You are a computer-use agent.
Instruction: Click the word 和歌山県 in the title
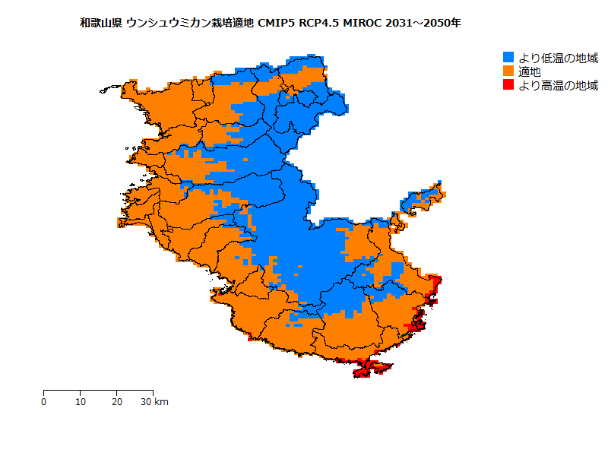[x=101, y=23]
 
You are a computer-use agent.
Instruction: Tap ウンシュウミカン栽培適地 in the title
[x=191, y=23]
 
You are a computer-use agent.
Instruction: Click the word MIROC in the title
[x=364, y=23]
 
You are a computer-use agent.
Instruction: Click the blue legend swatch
[x=509, y=58]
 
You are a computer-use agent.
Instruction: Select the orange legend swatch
[x=509, y=71]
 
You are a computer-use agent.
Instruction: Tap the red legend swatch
[x=509, y=85]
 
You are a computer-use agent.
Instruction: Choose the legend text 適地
[x=530, y=71]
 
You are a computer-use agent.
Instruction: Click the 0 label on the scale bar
[x=44, y=402]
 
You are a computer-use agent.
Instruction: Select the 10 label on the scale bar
[x=81, y=402]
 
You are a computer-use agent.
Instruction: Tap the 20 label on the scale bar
[x=117, y=402]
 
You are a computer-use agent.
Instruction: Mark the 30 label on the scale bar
[x=147, y=402]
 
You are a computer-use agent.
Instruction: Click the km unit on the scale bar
[x=162, y=402]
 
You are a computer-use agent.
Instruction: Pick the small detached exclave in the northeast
[x=422, y=199]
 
